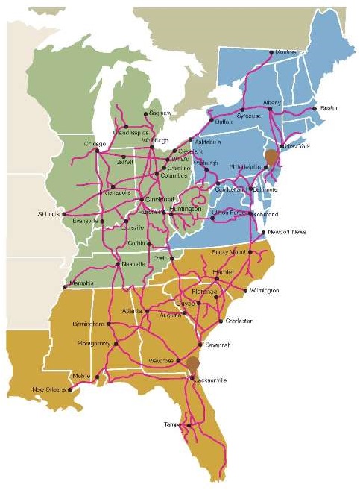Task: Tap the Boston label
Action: pyautogui.click(x=329, y=108)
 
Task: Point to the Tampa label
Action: pyautogui.click(x=172, y=424)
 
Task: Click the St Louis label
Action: pyautogui.click(x=49, y=214)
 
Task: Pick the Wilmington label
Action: pyautogui.click(x=265, y=290)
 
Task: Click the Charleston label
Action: pyautogui.click(x=239, y=321)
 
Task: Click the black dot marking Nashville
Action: pyautogui.click(x=117, y=264)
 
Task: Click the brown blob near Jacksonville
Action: pyautogui.click(x=192, y=365)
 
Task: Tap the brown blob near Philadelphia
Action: pyautogui.click(x=270, y=158)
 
